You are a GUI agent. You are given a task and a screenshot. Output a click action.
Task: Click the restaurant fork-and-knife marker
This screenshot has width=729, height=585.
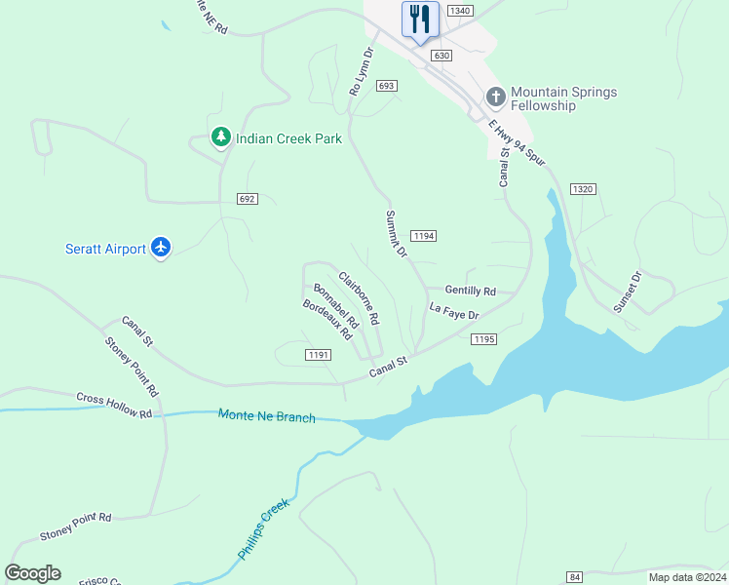pos(420,19)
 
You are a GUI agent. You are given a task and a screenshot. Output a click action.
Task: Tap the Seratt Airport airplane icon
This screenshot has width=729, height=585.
pos(161,249)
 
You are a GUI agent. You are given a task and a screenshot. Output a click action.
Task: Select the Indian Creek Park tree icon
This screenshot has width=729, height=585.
pos(222,138)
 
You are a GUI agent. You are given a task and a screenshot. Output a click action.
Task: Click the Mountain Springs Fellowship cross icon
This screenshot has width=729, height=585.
pos(495,97)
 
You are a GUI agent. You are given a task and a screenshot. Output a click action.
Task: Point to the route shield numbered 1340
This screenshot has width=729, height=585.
pos(461,11)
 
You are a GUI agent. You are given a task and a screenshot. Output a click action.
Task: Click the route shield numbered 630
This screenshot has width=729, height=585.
pos(441,56)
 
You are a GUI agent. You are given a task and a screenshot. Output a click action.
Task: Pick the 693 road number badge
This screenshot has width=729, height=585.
pos(386,86)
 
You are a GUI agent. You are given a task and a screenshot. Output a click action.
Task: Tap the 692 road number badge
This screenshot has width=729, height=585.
pos(247,199)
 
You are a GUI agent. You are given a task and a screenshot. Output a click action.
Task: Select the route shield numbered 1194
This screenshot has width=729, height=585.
pos(423,236)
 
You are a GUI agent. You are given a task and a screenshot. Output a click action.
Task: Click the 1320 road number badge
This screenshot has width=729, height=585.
pos(583,188)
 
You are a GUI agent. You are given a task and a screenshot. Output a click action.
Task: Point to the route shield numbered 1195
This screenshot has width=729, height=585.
pos(484,338)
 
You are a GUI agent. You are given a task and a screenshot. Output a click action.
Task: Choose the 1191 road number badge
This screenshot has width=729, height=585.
pos(318,355)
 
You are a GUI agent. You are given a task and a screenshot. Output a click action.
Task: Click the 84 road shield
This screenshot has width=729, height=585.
pos(575,577)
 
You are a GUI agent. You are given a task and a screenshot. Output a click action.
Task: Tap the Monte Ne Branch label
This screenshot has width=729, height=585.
pos(267,416)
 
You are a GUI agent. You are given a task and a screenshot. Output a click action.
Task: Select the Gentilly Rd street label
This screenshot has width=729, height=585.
pos(471,291)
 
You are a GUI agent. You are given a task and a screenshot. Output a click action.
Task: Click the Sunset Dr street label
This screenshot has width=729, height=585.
pos(628,292)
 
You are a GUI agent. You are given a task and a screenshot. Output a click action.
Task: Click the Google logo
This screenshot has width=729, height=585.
pos(32,573)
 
